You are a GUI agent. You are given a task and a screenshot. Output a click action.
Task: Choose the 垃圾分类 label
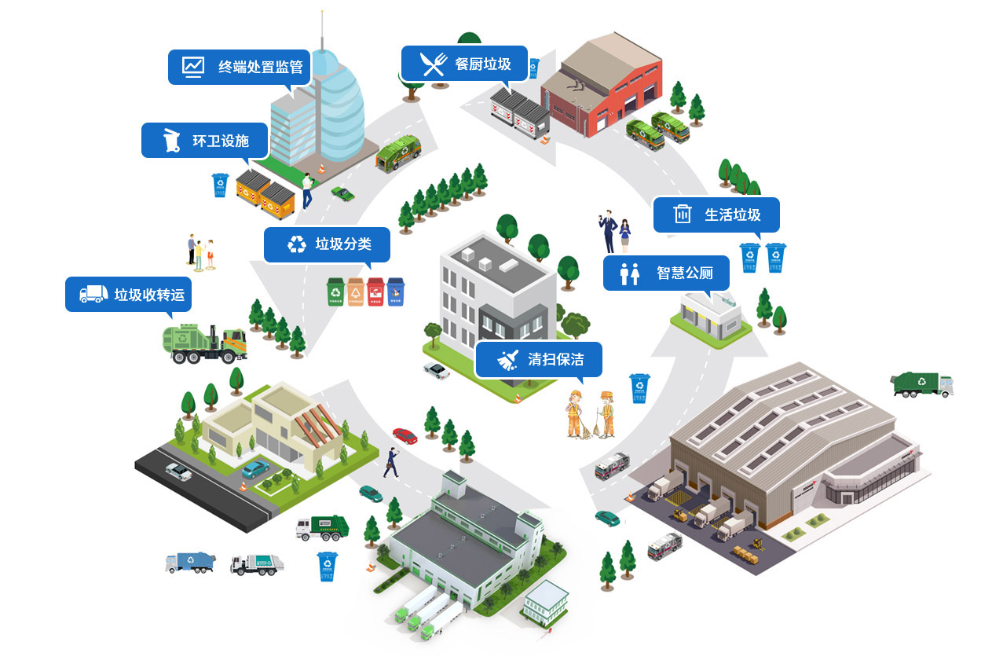pyautogui.click(x=328, y=244)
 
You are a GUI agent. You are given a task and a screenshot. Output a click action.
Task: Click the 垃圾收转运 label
pyautogui.click(x=128, y=295)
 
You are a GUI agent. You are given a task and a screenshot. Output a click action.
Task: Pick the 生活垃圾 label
pyautogui.click(x=716, y=214)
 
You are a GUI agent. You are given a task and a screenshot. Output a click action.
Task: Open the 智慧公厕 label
pyautogui.click(x=666, y=273)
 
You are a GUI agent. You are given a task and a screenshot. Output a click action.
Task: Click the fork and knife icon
pyautogui.click(x=433, y=64)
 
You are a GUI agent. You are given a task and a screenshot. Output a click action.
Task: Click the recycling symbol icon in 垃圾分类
pyautogui.click(x=297, y=244)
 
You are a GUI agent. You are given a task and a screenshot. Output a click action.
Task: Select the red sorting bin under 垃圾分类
pyautogui.click(x=375, y=292)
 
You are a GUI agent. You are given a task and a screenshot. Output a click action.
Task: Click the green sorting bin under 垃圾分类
pyautogui.click(x=335, y=292)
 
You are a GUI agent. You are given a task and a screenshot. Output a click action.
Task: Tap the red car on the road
pyautogui.click(x=404, y=435)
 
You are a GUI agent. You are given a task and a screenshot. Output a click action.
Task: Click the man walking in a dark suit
pyautogui.click(x=390, y=463)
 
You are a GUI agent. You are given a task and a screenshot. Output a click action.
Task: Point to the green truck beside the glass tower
pyautogui.click(x=398, y=152)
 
